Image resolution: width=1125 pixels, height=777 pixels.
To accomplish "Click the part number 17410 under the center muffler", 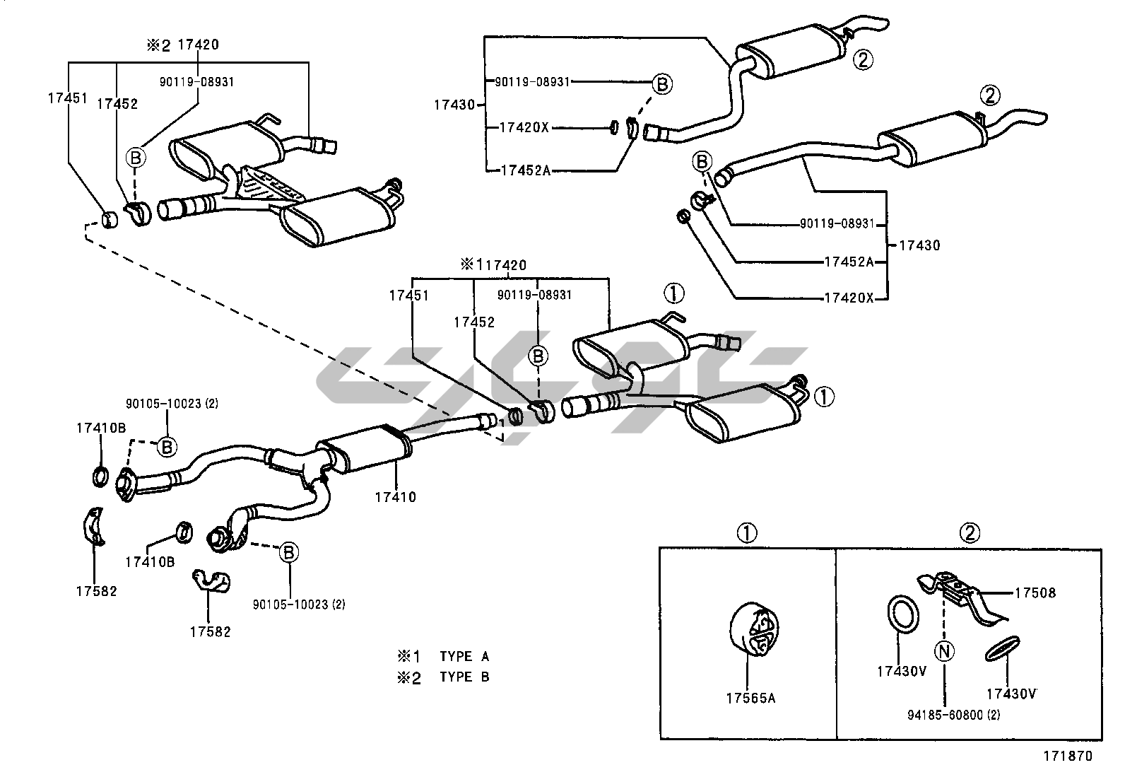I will click(395, 497).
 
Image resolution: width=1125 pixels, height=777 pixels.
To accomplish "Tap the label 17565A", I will click(750, 699).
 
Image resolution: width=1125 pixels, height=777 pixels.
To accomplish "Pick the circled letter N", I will click(945, 650).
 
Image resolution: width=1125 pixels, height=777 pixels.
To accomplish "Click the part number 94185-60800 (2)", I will click(953, 715).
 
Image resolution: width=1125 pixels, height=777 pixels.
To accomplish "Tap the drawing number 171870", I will click(1068, 756).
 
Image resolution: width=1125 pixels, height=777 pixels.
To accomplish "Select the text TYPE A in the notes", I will click(464, 656).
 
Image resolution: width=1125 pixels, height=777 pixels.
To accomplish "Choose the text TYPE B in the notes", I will click(464, 677).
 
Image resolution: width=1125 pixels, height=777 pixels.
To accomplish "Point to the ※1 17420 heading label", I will click(494, 265).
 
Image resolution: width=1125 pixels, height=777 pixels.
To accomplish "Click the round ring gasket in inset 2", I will click(903, 613).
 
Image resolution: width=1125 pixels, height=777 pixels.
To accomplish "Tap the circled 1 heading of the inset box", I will click(747, 533).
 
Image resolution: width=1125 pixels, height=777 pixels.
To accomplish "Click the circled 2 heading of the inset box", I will click(970, 533).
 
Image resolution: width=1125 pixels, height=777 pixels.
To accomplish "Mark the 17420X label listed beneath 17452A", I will click(849, 298).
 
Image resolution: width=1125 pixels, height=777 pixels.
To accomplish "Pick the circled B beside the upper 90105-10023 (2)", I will click(167, 446).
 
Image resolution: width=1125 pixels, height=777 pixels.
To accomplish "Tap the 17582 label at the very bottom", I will click(210, 631).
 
